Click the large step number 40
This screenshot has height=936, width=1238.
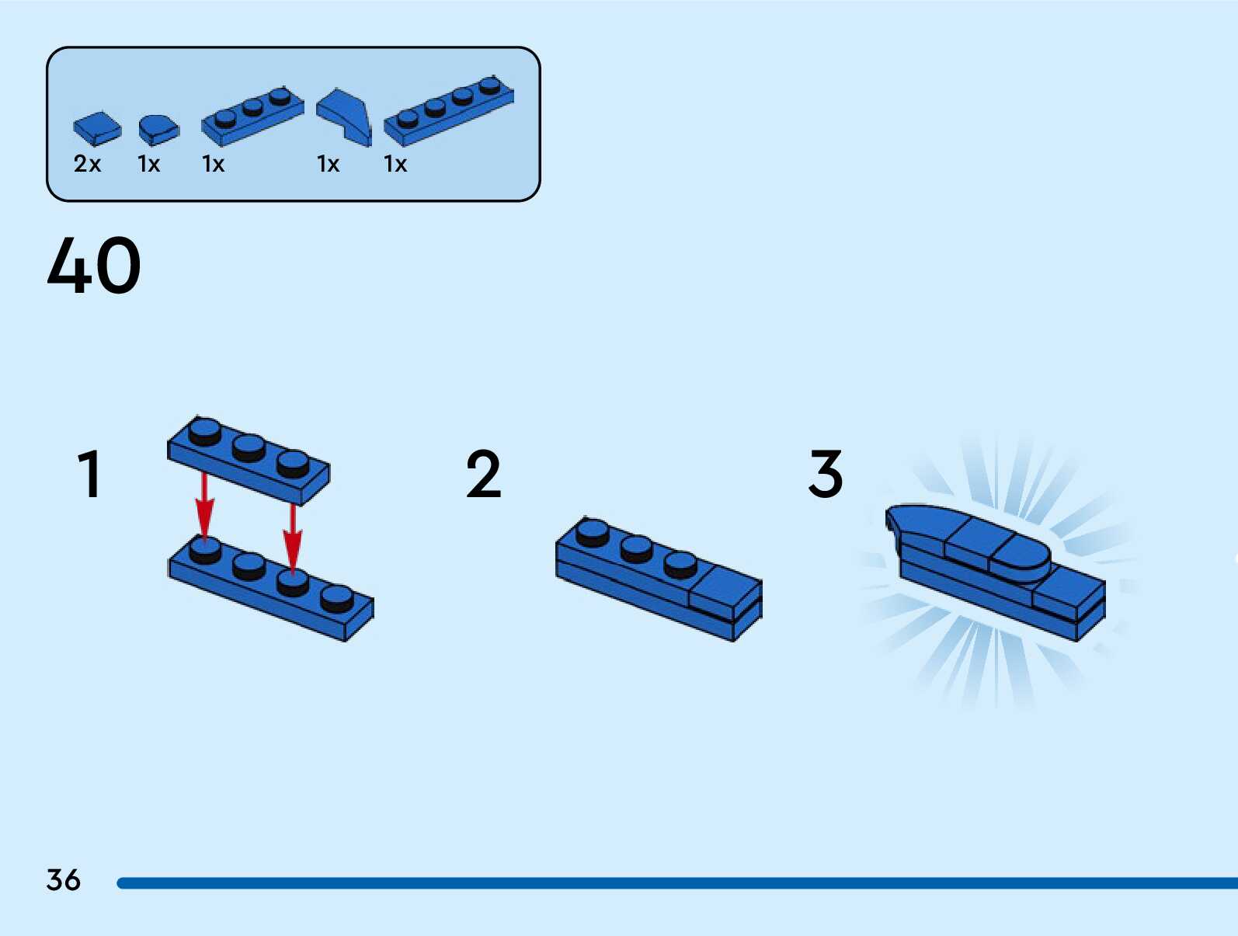click(x=94, y=266)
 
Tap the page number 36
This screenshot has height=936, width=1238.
click(x=63, y=880)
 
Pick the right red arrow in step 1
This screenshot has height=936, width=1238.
click(x=292, y=536)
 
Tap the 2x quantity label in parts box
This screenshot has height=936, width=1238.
click(x=87, y=164)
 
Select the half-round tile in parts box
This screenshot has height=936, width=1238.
click(x=158, y=129)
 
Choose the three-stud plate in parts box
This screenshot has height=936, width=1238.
click(x=252, y=116)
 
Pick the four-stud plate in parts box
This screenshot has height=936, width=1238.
click(x=448, y=110)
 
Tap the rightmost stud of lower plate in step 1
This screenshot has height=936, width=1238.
click(x=336, y=598)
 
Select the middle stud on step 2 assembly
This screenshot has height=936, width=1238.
click(x=636, y=548)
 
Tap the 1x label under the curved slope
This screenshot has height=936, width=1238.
click(x=328, y=164)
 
